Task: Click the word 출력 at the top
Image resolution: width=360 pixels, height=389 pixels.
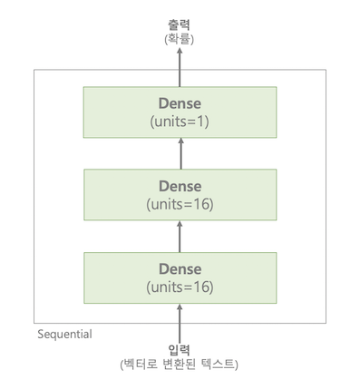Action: pyautogui.click(x=180, y=25)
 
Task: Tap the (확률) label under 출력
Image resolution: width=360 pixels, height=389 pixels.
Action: pyautogui.click(x=180, y=40)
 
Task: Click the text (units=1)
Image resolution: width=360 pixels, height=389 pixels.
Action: pyautogui.click(x=179, y=121)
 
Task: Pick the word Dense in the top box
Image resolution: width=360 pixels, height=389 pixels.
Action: pyautogui.click(x=179, y=103)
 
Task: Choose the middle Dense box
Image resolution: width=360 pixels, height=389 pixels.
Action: pyautogui.click(x=179, y=195)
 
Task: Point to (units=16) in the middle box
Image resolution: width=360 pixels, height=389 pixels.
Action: pyautogui.click(x=179, y=204)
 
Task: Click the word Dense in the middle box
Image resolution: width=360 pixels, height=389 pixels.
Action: pyautogui.click(x=179, y=186)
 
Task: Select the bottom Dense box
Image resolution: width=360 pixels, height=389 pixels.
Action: pyautogui.click(x=179, y=277)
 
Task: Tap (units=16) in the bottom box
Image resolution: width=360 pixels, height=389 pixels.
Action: pyautogui.click(x=179, y=287)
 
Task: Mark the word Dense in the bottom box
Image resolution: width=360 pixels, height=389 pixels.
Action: pyautogui.click(x=179, y=268)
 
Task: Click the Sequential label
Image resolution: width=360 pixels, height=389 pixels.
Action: pyautogui.click(x=64, y=334)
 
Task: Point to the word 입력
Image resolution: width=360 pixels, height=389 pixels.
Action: pyautogui.click(x=180, y=349)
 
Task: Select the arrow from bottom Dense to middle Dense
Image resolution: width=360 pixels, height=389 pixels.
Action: pyautogui.click(x=180, y=238)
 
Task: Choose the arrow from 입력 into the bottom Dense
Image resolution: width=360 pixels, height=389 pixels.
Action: pyautogui.click(x=180, y=323)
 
